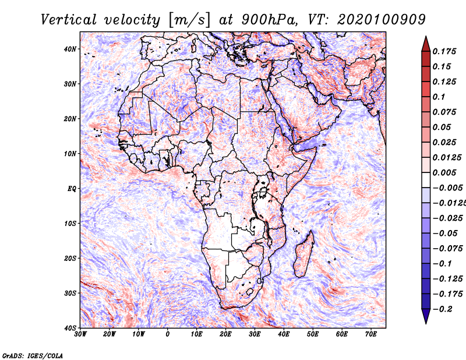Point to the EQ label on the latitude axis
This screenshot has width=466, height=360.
[72, 188]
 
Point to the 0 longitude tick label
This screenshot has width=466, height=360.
[168, 334]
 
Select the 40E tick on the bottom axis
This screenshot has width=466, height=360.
[284, 334]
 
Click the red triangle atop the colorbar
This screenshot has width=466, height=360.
[425, 43]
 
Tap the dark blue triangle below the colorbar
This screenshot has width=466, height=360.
[425, 316]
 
